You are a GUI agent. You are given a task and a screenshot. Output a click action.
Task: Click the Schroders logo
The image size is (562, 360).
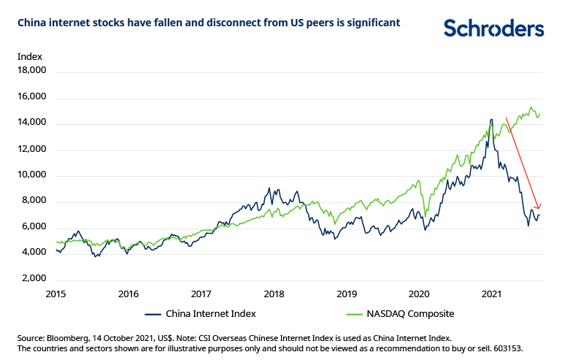coord(493,28)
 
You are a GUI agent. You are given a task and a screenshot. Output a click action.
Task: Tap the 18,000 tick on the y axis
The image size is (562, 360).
coord(31,71)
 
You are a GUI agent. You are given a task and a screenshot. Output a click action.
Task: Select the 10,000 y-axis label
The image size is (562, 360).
coord(31,175)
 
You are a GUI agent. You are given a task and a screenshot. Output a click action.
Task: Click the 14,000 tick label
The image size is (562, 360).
coord(31,123)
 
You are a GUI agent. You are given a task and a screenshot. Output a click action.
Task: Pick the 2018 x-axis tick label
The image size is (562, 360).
coord(274,294)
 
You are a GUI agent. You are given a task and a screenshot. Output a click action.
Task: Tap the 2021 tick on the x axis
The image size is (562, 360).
coord(492,294)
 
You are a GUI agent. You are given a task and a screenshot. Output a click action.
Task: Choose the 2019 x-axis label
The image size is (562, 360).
coord(347,294)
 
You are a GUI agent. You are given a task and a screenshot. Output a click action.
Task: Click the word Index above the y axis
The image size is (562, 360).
coord(30,56)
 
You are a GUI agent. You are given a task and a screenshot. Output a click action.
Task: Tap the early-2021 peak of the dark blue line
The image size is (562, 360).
coord(491,119)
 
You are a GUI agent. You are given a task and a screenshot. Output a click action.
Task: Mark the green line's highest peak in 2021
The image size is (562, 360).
coord(531,107)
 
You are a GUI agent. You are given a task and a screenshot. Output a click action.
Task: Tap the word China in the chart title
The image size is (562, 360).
coord(32,23)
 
